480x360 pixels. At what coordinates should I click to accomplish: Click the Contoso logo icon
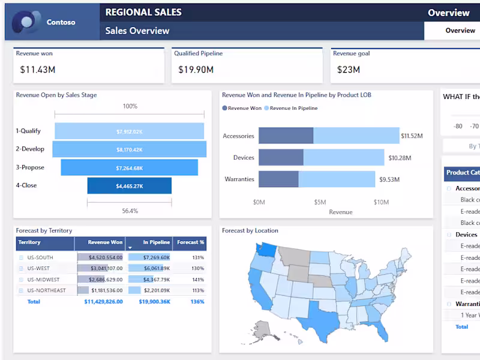pos(25,22)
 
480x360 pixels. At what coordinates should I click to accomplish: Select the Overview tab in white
pos(460,31)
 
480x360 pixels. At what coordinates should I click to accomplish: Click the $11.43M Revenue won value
pos(38,70)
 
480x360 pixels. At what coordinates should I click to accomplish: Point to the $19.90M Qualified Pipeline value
pos(196,70)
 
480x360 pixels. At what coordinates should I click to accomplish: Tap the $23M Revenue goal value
pos(349,70)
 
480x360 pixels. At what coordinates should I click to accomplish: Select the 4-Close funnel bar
pos(129,186)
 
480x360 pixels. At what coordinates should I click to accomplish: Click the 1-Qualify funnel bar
pos(129,131)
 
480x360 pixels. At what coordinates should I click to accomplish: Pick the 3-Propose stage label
pos(30,167)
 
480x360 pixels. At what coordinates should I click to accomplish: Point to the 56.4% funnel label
pos(130,211)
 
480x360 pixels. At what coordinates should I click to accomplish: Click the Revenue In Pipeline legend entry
pos(293,109)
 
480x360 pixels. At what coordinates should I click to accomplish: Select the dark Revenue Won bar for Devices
pos(281,157)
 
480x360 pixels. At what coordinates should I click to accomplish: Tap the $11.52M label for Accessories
pos(412,136)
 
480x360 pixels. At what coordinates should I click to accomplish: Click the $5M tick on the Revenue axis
pos(320,202)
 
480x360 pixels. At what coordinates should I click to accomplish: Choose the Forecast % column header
pos(190,242)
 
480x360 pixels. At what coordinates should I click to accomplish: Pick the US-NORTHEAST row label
pos(46,290)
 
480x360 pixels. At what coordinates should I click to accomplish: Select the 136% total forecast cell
pos(197,302)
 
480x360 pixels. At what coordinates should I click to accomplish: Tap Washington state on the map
pos(265,248)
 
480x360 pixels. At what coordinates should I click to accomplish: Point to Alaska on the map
pos(262,329)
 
